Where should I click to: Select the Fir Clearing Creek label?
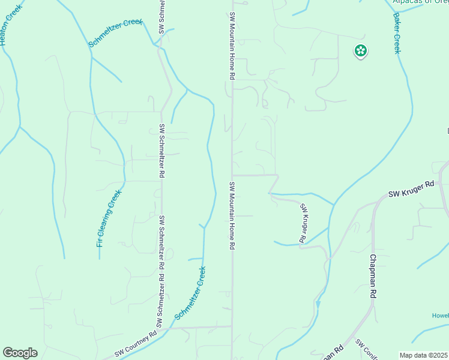click(x=109, y=218)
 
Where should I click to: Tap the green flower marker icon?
click(x=360, y=51)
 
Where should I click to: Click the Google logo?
click(x=20, y=353)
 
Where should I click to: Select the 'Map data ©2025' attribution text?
click(x=424, y=355)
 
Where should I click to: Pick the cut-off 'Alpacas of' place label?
click(x=420, y=2)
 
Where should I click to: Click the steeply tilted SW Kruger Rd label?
click(x=303, y=223)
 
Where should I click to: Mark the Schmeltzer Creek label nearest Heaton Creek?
click(x=115, y=33)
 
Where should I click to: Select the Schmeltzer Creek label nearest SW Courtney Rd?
click(x=190, y=293)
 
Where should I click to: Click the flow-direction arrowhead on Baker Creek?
click(x=318, y=304)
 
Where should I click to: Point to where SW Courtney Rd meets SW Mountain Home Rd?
click(x=232, y=327)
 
